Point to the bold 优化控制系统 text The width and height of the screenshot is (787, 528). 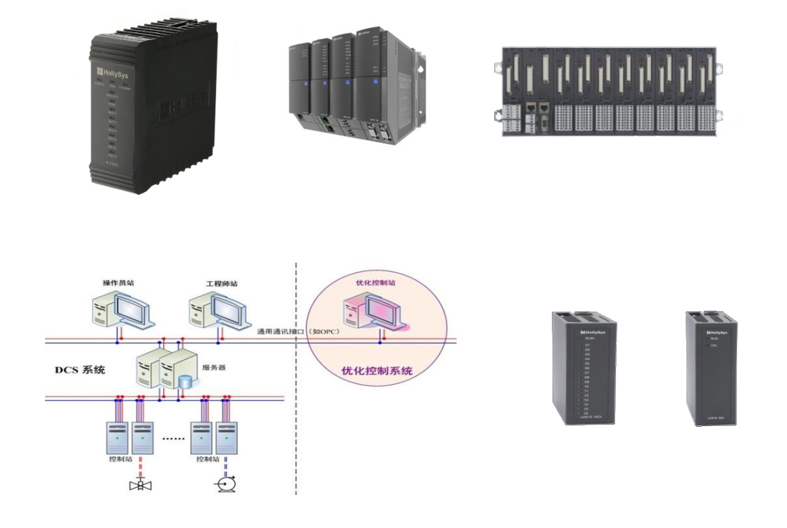pos(381,370)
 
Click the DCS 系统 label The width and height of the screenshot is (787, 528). pos(80,369)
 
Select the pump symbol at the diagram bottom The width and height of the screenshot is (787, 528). pos(227,484)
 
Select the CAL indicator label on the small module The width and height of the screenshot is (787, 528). pos(714,345)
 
